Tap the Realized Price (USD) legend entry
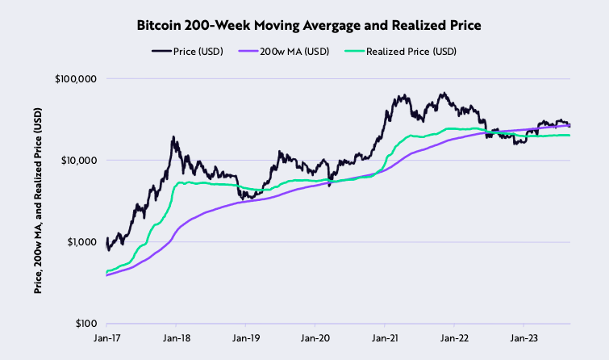pos(411,52)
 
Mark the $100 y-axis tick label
pos(86,323)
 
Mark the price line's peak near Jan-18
pos(174,137)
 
